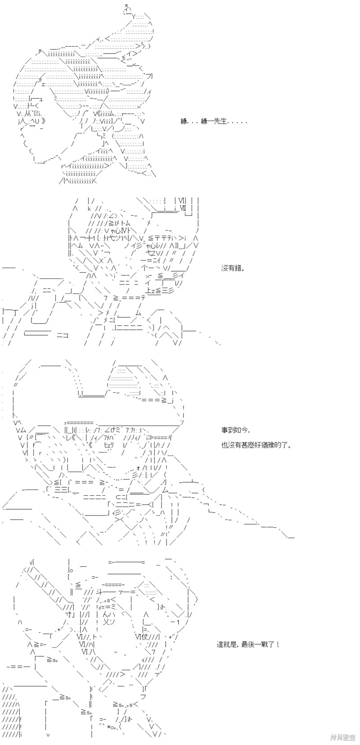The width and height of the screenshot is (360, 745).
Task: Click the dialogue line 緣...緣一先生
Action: (214, 122)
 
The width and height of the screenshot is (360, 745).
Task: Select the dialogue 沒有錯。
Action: (233, 269)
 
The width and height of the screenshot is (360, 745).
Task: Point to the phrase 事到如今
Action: (233, 430)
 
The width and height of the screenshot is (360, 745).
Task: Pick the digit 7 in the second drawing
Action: (105, 298)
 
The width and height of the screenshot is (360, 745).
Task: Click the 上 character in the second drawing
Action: (149, 291)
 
